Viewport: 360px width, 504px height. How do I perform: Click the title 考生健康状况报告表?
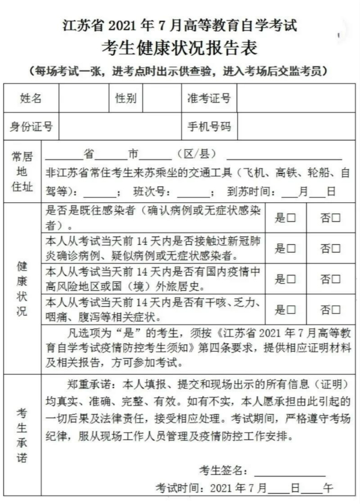180,47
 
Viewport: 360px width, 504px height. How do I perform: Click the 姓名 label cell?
31,98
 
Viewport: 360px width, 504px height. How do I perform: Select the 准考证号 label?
208,98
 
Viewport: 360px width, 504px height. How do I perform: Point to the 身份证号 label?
31,127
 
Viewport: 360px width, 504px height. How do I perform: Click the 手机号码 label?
208,127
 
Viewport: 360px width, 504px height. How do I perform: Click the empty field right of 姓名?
82,98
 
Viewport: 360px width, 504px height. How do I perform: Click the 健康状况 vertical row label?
22,288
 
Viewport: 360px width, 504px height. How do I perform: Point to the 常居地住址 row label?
22,172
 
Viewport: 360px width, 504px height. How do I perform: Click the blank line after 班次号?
194,193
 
